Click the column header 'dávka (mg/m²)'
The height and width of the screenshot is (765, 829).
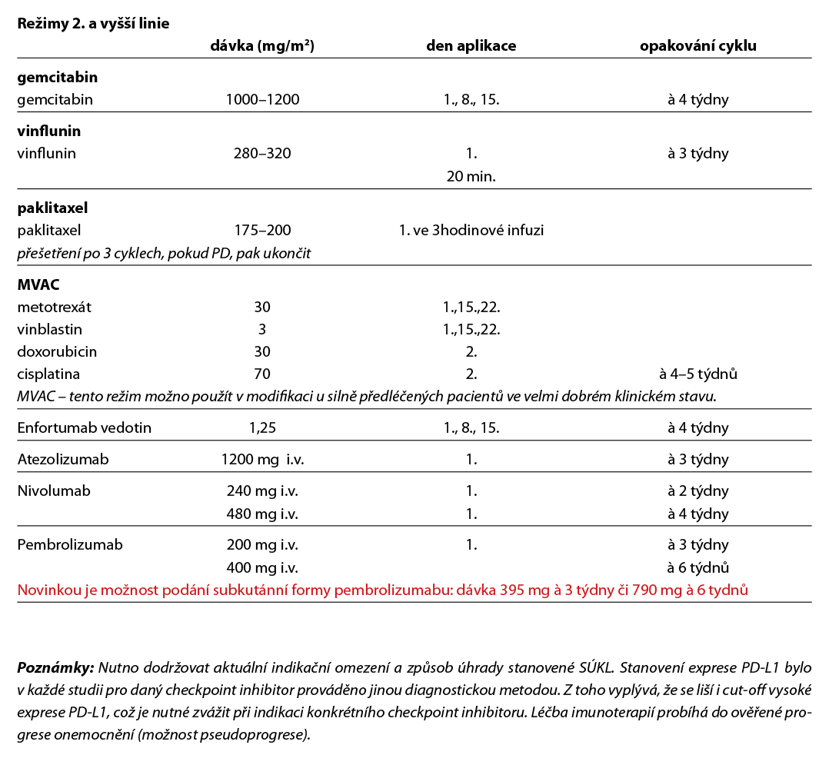261,45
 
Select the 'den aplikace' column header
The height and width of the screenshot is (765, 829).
471,45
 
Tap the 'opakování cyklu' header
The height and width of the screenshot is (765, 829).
697,45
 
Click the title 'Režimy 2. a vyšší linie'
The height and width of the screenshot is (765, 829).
93,23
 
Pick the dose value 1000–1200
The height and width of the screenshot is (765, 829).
262,99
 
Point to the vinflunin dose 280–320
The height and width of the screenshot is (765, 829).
262,153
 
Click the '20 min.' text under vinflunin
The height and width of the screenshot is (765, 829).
471,176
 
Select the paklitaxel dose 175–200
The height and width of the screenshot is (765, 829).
262,230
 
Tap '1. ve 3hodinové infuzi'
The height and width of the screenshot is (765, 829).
471,230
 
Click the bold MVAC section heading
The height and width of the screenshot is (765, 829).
38,284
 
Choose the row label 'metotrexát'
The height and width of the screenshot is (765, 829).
54,307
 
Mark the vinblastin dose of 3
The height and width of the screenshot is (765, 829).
262,329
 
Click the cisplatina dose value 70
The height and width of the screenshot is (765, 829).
262,374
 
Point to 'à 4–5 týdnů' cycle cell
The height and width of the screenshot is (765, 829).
698,374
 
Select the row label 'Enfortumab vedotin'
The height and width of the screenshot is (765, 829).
84,428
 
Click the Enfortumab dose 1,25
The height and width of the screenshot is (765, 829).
262,428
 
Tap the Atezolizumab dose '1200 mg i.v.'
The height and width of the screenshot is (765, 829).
262,460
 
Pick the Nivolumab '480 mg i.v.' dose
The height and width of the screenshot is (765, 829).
262,514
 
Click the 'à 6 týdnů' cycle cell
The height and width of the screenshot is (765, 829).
698,567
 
